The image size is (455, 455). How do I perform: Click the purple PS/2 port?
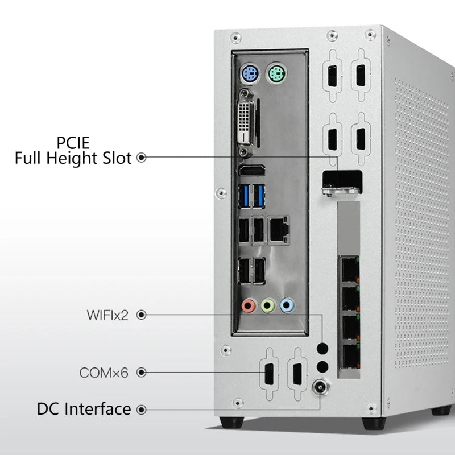[x=250, y=74]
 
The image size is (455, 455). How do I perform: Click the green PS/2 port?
[x=277, y=74]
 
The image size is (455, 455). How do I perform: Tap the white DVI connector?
[x=246, y=123]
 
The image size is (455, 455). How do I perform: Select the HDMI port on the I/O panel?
[x=251, y=171]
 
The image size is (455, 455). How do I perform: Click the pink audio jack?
[x=247, y=306]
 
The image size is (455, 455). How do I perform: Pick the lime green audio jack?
[x=267, y=306]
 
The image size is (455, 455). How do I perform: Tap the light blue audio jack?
[x=288, y=306]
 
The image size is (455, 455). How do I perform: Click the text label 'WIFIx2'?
[x=107, y=315]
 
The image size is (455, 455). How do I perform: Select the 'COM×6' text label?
[x=104, y=373]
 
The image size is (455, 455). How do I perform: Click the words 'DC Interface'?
[x=84, y=408]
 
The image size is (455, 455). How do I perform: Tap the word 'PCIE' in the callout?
[x=72, y=142]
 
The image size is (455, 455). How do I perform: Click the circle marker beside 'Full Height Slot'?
[x=142, y=158]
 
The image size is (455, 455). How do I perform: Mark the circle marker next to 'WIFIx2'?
[x=142, y=315]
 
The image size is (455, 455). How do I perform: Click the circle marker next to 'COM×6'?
[x=142, y=373]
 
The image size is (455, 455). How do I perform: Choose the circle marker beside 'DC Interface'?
[x=142, y=409]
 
